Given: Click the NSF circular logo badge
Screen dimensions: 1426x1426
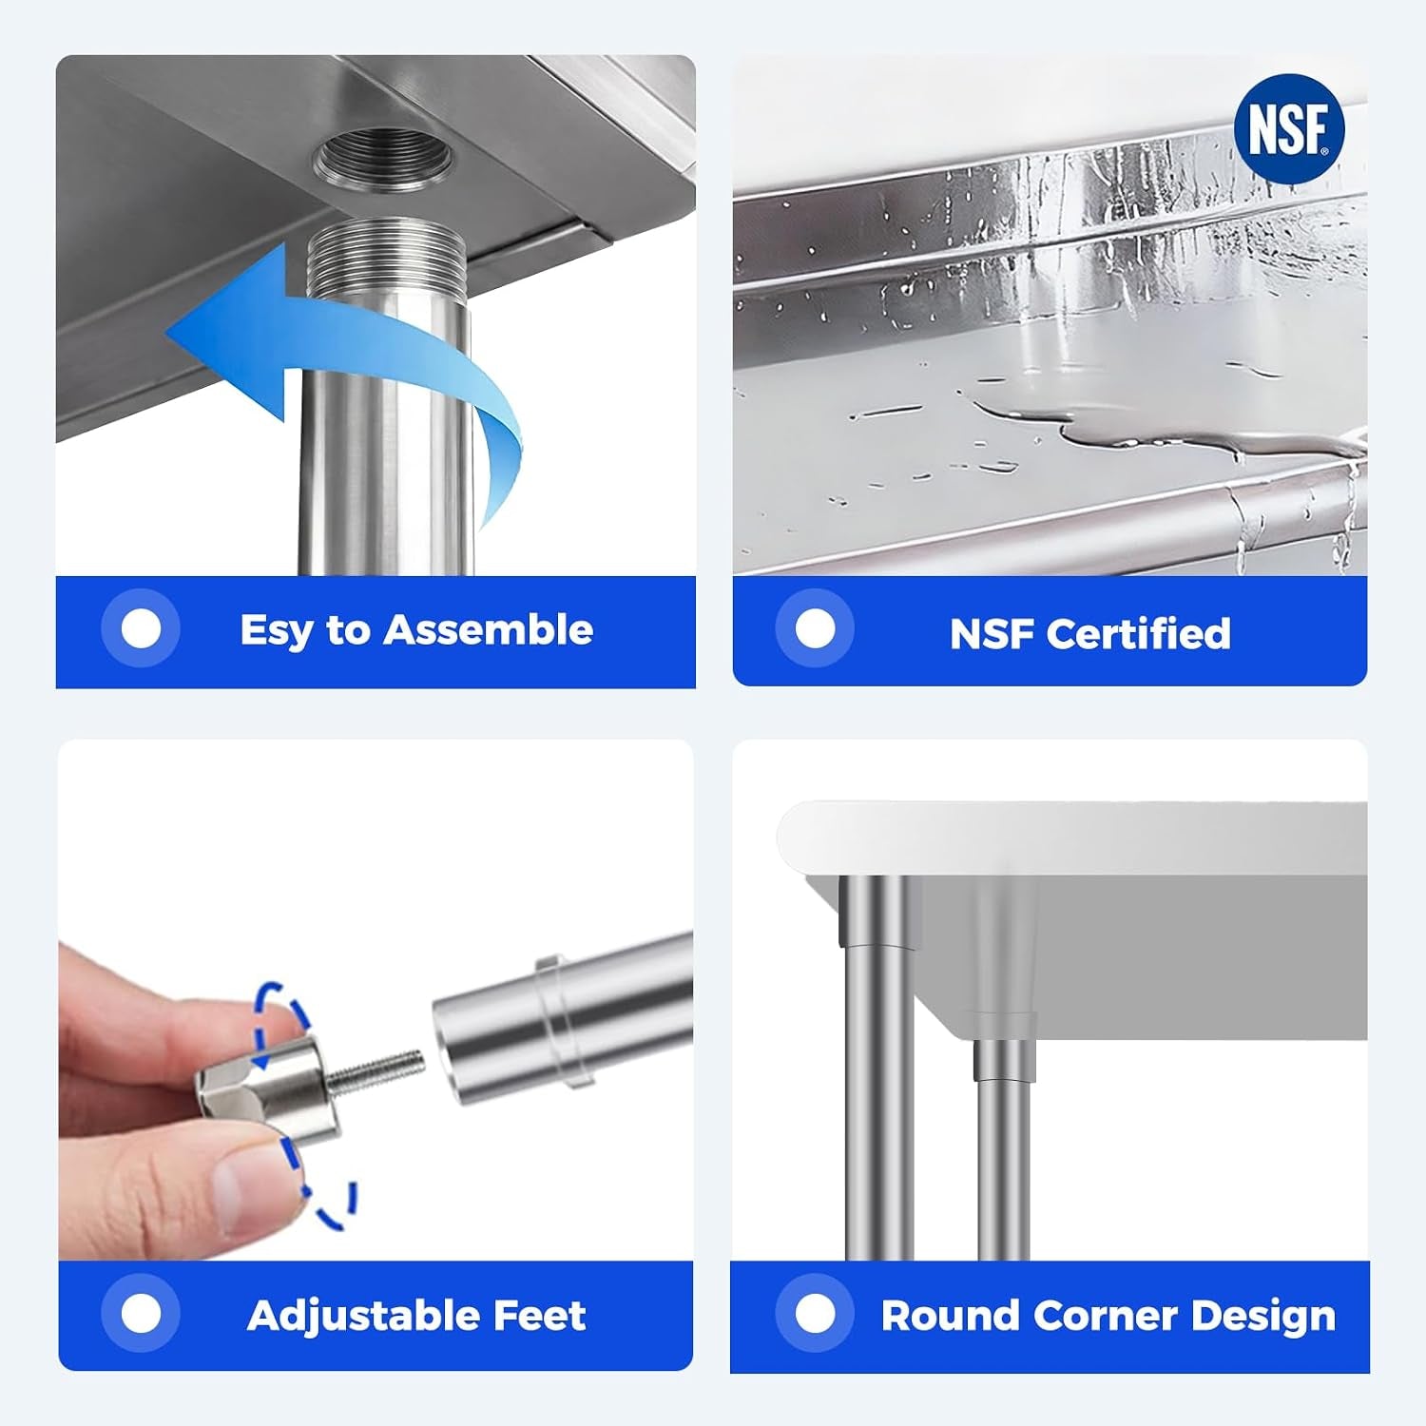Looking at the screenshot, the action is (1288, 129).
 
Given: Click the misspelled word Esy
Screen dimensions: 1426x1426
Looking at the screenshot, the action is (277, 630).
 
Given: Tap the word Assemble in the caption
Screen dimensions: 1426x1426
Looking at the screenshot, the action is (489, 629).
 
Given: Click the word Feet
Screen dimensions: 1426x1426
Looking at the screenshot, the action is (540, 1316).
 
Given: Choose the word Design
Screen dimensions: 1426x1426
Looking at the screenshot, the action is (1263, 1317).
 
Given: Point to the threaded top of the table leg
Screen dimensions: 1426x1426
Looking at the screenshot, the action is (385, 259).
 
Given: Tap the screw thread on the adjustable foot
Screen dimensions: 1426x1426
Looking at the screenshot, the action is (376, 1071).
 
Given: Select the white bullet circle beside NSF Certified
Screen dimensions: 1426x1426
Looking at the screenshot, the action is (815, 628).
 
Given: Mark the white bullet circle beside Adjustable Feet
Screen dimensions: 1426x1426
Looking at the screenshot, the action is (142, 1314).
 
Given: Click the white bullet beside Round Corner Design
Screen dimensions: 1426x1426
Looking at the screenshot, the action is (815, 1314).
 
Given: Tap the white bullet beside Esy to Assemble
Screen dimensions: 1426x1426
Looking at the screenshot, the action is (142, 628).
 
